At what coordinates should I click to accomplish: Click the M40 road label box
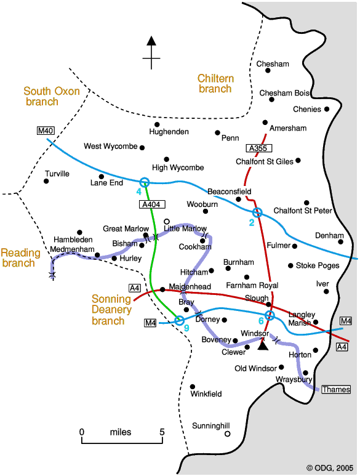[x=46, y=131]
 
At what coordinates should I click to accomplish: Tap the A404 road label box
[x=151, y=204]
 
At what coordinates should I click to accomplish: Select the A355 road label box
[x=258, y=148]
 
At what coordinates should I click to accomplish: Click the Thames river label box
[x=336, y=389]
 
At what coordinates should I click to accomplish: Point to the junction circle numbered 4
[x=145, y=182]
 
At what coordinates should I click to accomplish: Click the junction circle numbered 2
[x=257, y=212]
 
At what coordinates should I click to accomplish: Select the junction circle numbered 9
[x=179, y=320]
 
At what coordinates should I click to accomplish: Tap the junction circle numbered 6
[x=270, y=316]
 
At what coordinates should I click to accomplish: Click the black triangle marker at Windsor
[x=263, y=345]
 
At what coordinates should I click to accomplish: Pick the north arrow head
[x=151, y=41]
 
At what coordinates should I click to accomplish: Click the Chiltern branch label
[x=215, y=84]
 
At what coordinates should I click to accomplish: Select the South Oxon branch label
[x=52, y=96]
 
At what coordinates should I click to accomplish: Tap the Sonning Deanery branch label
[x=111, y=310]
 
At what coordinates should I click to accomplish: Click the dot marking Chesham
[x=268, y=70]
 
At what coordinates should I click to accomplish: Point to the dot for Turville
[x=46, y=181]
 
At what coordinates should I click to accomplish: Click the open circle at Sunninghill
[x=227, y=434]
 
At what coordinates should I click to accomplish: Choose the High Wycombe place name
[x=178, y=167]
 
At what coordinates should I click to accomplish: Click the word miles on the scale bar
[x=121, y=432]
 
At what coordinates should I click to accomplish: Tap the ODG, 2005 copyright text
[x=330, y=468]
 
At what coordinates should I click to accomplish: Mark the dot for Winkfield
[x=192, y=387]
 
